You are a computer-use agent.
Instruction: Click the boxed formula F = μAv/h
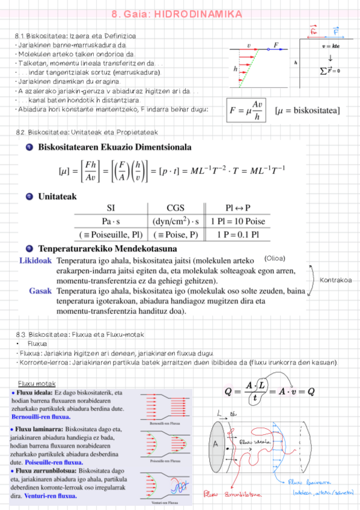pos(246,110)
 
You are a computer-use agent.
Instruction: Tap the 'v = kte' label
pos(331,46)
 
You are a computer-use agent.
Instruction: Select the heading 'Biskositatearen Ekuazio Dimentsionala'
pos(115,147)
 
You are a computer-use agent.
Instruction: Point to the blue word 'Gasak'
pos(40,291)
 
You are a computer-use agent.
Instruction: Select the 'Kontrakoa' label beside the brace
pos(336,280)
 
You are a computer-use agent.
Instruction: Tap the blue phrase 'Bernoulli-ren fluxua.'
pos(40,417)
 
